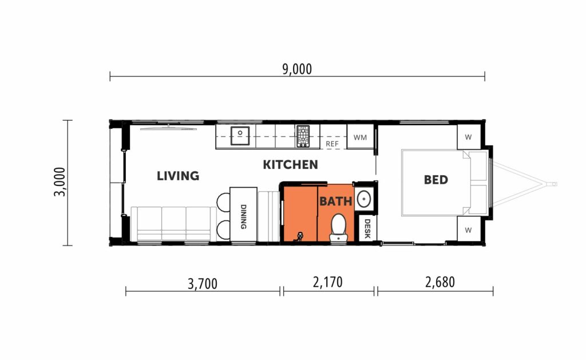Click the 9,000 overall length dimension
[297, 69]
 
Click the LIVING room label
[178, 176]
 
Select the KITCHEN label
[290, 165]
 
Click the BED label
[436, 180]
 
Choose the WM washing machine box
[360, 137]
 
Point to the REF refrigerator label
[332, 144]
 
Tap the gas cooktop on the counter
[303, 136]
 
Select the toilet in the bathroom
[338, 227]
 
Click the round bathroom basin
[364, 199]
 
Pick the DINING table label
[243, 216]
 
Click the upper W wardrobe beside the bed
[468, 137]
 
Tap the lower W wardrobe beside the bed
[468, 230]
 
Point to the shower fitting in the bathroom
[299, 236]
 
